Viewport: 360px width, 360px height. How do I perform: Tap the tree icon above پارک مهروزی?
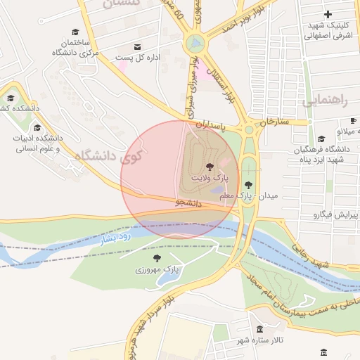coord(157,259)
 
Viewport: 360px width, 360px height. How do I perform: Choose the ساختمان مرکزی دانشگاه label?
coord(75,48)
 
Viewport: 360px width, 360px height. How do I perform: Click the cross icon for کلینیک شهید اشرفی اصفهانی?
coord(328,14)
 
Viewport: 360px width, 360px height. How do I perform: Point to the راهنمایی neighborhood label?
coord(324,101)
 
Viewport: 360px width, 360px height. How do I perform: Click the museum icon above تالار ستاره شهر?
coord(259,330)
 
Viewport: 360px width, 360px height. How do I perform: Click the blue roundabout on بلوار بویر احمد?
coord(196,44)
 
